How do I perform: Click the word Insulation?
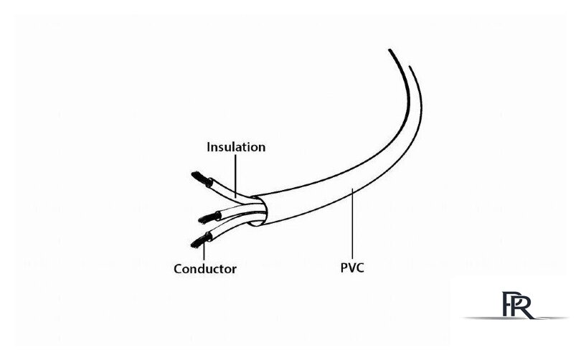[236, 147]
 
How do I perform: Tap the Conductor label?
[205, 268]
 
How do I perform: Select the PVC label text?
[352, 267]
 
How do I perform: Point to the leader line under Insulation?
[236, 176]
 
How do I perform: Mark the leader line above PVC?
[352, 224]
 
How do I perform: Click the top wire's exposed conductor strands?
[202, 179]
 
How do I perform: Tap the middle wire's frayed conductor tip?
[209, 218]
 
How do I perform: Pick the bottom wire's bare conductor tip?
[200, 241]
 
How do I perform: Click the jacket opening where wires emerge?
[260, 210]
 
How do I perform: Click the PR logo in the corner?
[518, 305]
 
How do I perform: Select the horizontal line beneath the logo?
[515, 318]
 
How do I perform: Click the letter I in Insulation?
[209, 147]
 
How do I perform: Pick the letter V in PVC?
[352, 267]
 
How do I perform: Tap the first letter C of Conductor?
[178, 269]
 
